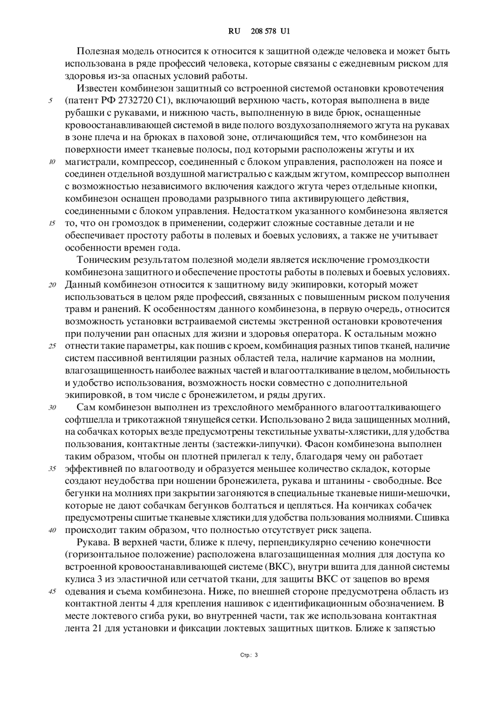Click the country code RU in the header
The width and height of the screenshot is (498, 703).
pyautogui.click(x=234, y=31)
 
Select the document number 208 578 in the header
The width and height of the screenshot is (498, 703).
pyautogui.click(x=263, y=31)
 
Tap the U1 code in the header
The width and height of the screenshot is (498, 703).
pyautogui.click(x=285, y=31)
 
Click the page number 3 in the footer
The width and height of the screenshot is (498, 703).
pyautogui.click(x=256, y=655)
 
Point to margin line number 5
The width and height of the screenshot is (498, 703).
pyautogui.click(x=51, y=101)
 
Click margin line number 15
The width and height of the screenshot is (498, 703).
pyautogui.click(x=52, y=223)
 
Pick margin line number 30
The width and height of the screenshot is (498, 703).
pyautogui.click(x=52, y=408)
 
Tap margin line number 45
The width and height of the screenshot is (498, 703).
pyautogui.click(x=52, y=592)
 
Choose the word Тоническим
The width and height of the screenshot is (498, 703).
pyautogui.click(x=100, y=260)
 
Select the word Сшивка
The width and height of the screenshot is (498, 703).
pyautogui.click(x=432, y=518)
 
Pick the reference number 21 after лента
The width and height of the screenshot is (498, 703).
pyautogui.click(x=93, y=628)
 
